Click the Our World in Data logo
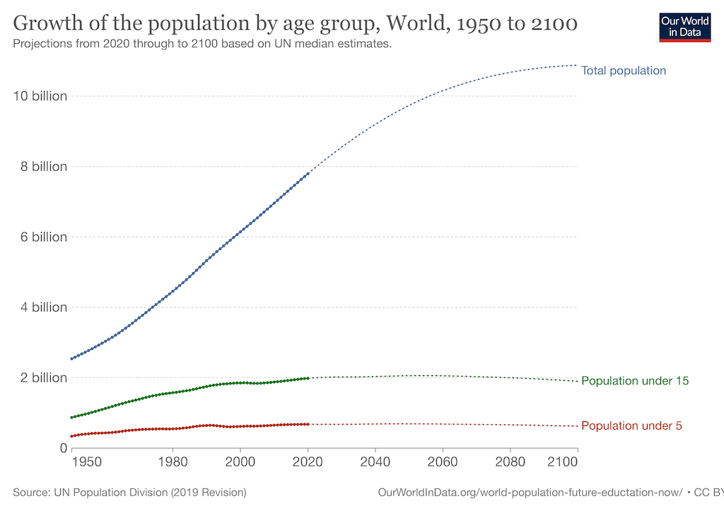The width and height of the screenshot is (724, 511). pos(684,26)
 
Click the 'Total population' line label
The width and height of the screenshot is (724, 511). pos(623,71)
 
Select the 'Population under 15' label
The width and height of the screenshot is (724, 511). pos(634,381)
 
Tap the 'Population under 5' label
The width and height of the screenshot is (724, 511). pos(631,426)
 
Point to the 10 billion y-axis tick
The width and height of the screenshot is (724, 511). pos(40,96)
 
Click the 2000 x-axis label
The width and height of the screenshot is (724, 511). pos(240,462)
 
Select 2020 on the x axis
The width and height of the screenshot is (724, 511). pos(308,462)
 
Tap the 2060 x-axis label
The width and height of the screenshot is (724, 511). pos(443,462)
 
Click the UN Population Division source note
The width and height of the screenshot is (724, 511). pos(129,492)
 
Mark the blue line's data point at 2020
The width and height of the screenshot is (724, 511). pos(308,174)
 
